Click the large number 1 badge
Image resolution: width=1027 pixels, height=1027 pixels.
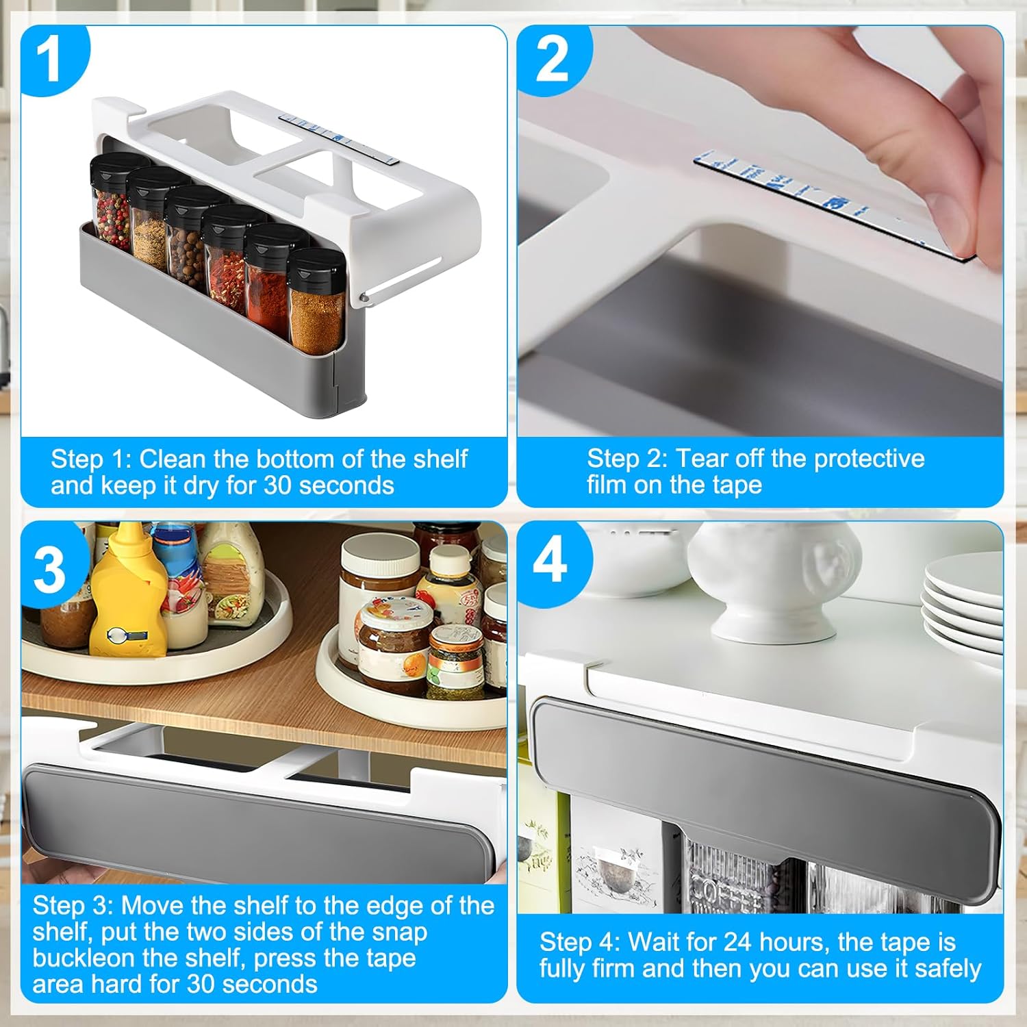(x=52, y=60)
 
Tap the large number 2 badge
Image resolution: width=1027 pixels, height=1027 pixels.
(x=552, y=60)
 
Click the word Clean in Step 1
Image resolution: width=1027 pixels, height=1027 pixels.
(x=173, y=459)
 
